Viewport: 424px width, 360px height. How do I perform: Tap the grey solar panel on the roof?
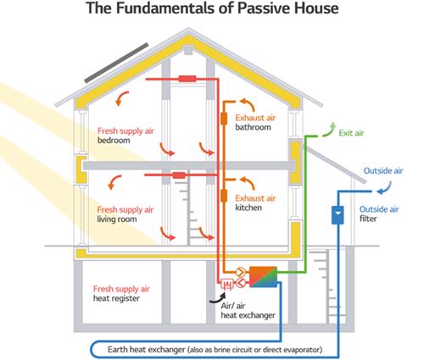pyautogui.click(x=116, y=63)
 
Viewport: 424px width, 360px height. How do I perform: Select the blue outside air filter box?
pyautogui.click(x=338, y=215)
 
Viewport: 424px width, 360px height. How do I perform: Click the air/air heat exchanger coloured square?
pyautogui.click(x=263, y=277)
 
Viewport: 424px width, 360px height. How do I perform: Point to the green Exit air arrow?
pyautogui.click(x=329, y=130)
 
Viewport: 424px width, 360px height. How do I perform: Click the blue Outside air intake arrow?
pyautogui.click(x=385, y=188)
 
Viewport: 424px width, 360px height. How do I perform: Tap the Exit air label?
pyautogui.click(x=351, y=133)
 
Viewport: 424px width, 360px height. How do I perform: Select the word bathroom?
pyautogui.click(x=253, y=127)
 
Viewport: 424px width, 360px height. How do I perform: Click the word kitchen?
pyautogui.click(x=248, y=208)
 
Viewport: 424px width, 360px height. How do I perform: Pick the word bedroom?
pyautogui.click(x=114, y=141)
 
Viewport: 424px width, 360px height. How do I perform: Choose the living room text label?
pyautogui.click(x=117, y=219)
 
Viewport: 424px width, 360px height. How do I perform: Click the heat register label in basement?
pyautogui.click(x=116, y=298)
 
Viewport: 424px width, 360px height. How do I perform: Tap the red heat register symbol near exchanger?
pyautogui.click(x=226, y=284)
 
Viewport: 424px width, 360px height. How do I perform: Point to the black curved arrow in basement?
pyautogui.click(x=217, y=298)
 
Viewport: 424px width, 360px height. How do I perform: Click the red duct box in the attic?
pyautogui.click(x=187, y=79)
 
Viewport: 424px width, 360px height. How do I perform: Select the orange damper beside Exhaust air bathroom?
pyautogui.click(x=224, y=119)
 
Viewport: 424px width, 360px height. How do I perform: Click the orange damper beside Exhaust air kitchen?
pyautogui.click(x=224, y=196)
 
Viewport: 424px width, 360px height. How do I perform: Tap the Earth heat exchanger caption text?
pyautogui.click(x=215, y=350)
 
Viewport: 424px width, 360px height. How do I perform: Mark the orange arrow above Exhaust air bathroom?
pyautogui.click(x=248, y=104)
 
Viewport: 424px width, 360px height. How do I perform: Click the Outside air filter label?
pyautogui.click(x=379, y=213)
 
